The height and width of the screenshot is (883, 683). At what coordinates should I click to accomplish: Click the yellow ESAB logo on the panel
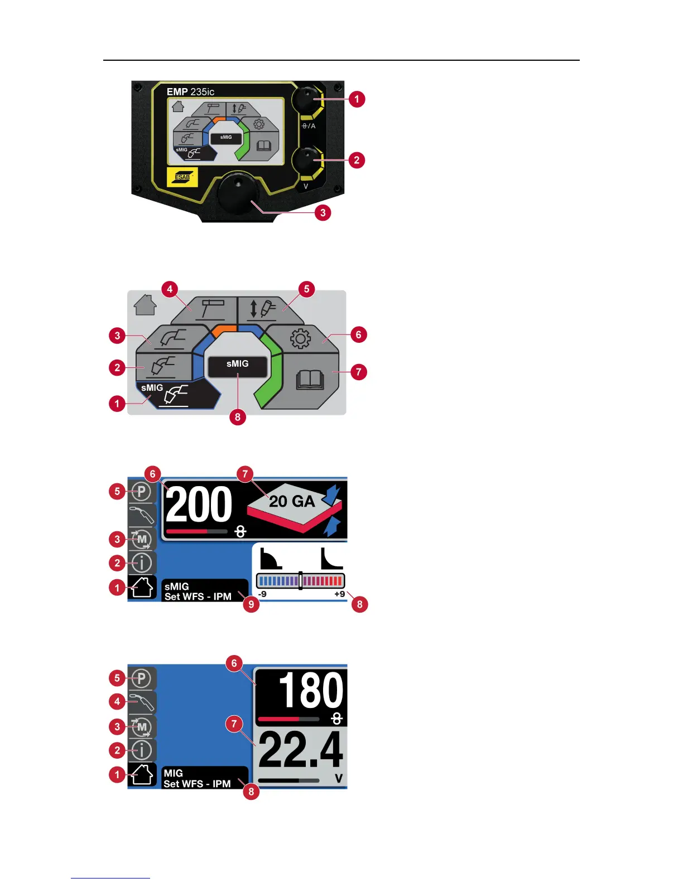click(182, 177)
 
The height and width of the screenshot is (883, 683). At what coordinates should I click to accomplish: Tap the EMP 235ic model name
click(190, 92)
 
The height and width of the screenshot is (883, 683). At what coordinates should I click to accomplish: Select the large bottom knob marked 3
click(238, 193)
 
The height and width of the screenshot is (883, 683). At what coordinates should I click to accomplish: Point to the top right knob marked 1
click(308, 100)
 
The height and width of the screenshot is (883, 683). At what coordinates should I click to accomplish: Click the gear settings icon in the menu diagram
click(300, 338)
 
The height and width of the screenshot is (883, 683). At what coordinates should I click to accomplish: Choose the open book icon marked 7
click(310, 380)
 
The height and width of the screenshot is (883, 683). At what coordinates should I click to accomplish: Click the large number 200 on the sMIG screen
click(199, 504)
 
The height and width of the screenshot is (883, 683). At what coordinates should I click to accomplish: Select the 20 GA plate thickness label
click(292, 502)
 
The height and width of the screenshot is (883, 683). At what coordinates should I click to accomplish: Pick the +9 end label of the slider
click(339, 594)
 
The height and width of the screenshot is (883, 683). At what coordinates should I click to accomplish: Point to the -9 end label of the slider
click(262, 594)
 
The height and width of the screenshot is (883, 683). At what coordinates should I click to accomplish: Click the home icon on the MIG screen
click(142, 774)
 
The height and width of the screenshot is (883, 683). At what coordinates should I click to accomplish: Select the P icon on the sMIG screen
click(142, 492)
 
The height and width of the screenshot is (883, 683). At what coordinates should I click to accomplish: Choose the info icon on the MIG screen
click(142, 750)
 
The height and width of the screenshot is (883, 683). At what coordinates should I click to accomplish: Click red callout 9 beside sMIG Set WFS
click(251, 604)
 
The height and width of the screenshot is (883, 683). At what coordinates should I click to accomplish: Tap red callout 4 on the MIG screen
click(117, 701)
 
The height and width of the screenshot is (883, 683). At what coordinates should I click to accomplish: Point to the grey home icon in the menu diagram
click(145, 305)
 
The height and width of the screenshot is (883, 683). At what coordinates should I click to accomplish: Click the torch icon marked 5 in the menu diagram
click(262, 308)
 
